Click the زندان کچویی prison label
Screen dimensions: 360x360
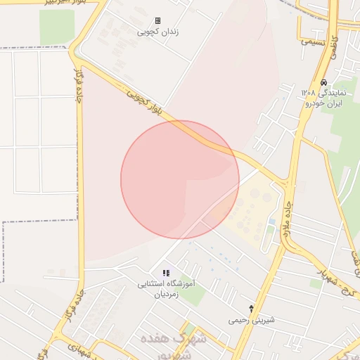click(157, 32)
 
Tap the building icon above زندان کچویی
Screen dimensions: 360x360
click(157, 21)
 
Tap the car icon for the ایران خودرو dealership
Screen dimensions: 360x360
click(323, 82)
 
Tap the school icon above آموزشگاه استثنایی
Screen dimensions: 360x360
click(166, 273)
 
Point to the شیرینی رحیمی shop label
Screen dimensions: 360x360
click(252, 320)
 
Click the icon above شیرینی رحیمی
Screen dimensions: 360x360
click(252, 309)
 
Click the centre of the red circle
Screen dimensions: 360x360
click(180, 179)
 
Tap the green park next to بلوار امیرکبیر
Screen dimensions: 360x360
click(56, 27)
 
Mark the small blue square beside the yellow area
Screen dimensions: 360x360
click(271, 222)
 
